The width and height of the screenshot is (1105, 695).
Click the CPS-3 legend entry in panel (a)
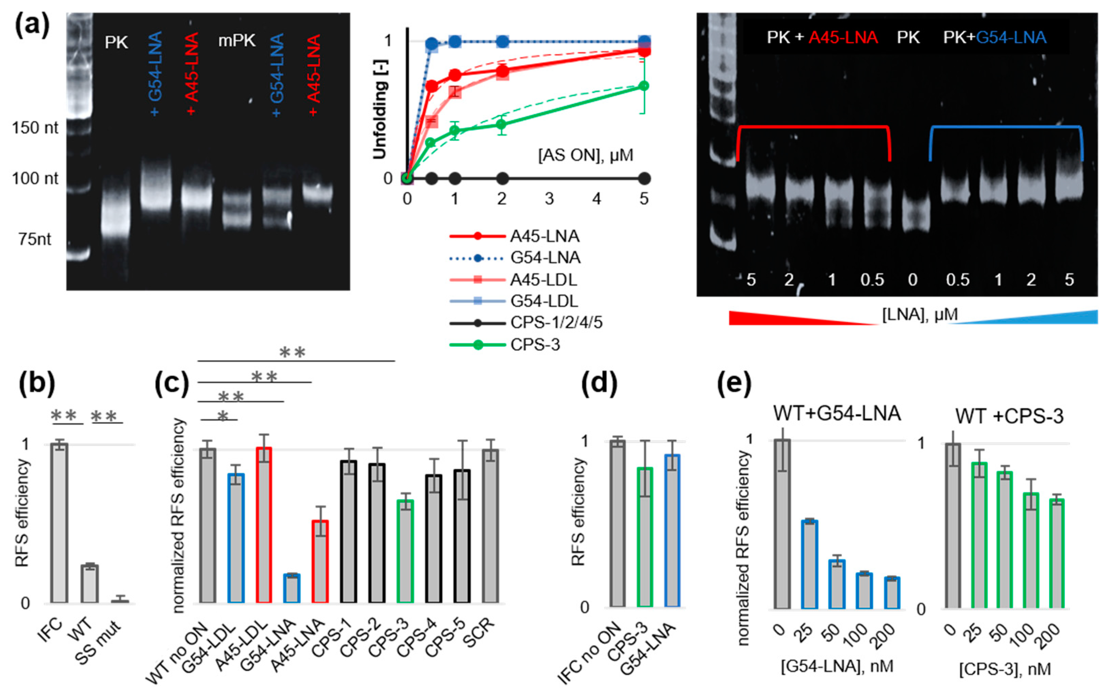(534, 345)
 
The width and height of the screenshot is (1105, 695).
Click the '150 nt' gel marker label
(35, 128)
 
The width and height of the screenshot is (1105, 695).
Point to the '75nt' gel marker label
(35, 239)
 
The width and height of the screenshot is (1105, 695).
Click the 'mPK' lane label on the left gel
(236, 41)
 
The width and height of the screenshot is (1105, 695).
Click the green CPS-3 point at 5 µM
(644, 86)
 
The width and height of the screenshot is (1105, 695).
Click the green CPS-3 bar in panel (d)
(645, 537)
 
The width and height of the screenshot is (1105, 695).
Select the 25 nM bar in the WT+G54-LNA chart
(809, 564)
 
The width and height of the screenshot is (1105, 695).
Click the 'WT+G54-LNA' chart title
(837, 413)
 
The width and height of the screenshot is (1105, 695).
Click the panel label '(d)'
(599, 383)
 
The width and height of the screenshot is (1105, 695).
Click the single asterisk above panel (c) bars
(222, 416)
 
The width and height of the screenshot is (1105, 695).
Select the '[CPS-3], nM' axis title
(1005, 669)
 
